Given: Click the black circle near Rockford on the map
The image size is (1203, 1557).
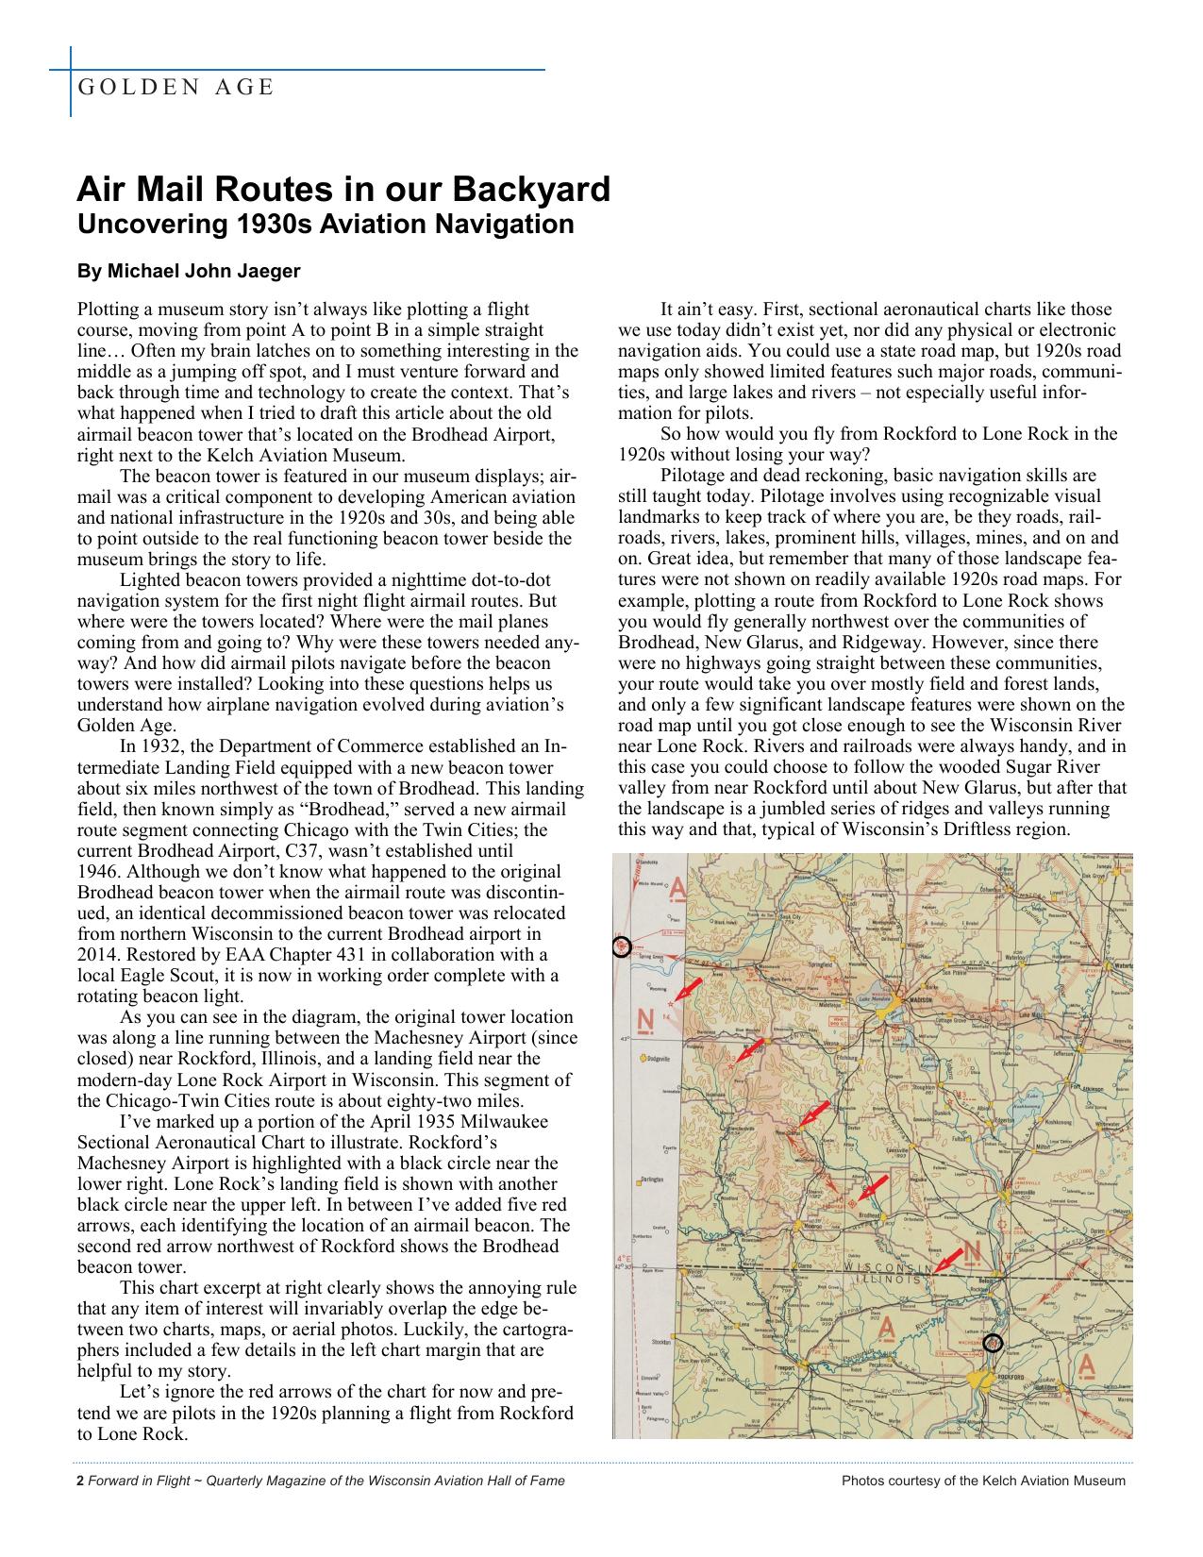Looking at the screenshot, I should coord(992,1343).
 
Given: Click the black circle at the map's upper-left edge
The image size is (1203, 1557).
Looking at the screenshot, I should coord(621,946).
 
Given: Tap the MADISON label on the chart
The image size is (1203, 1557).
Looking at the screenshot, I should coord(920,999).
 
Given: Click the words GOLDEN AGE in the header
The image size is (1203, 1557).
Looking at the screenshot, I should coord(175,88).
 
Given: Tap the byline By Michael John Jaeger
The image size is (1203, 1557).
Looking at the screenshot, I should coord(189,272).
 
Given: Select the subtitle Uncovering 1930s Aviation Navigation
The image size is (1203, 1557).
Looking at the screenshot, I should coord(325,225).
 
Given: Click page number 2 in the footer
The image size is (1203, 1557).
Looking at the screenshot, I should coord(79,1481).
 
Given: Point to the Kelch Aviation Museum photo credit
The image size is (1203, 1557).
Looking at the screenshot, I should coord(983,1481).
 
